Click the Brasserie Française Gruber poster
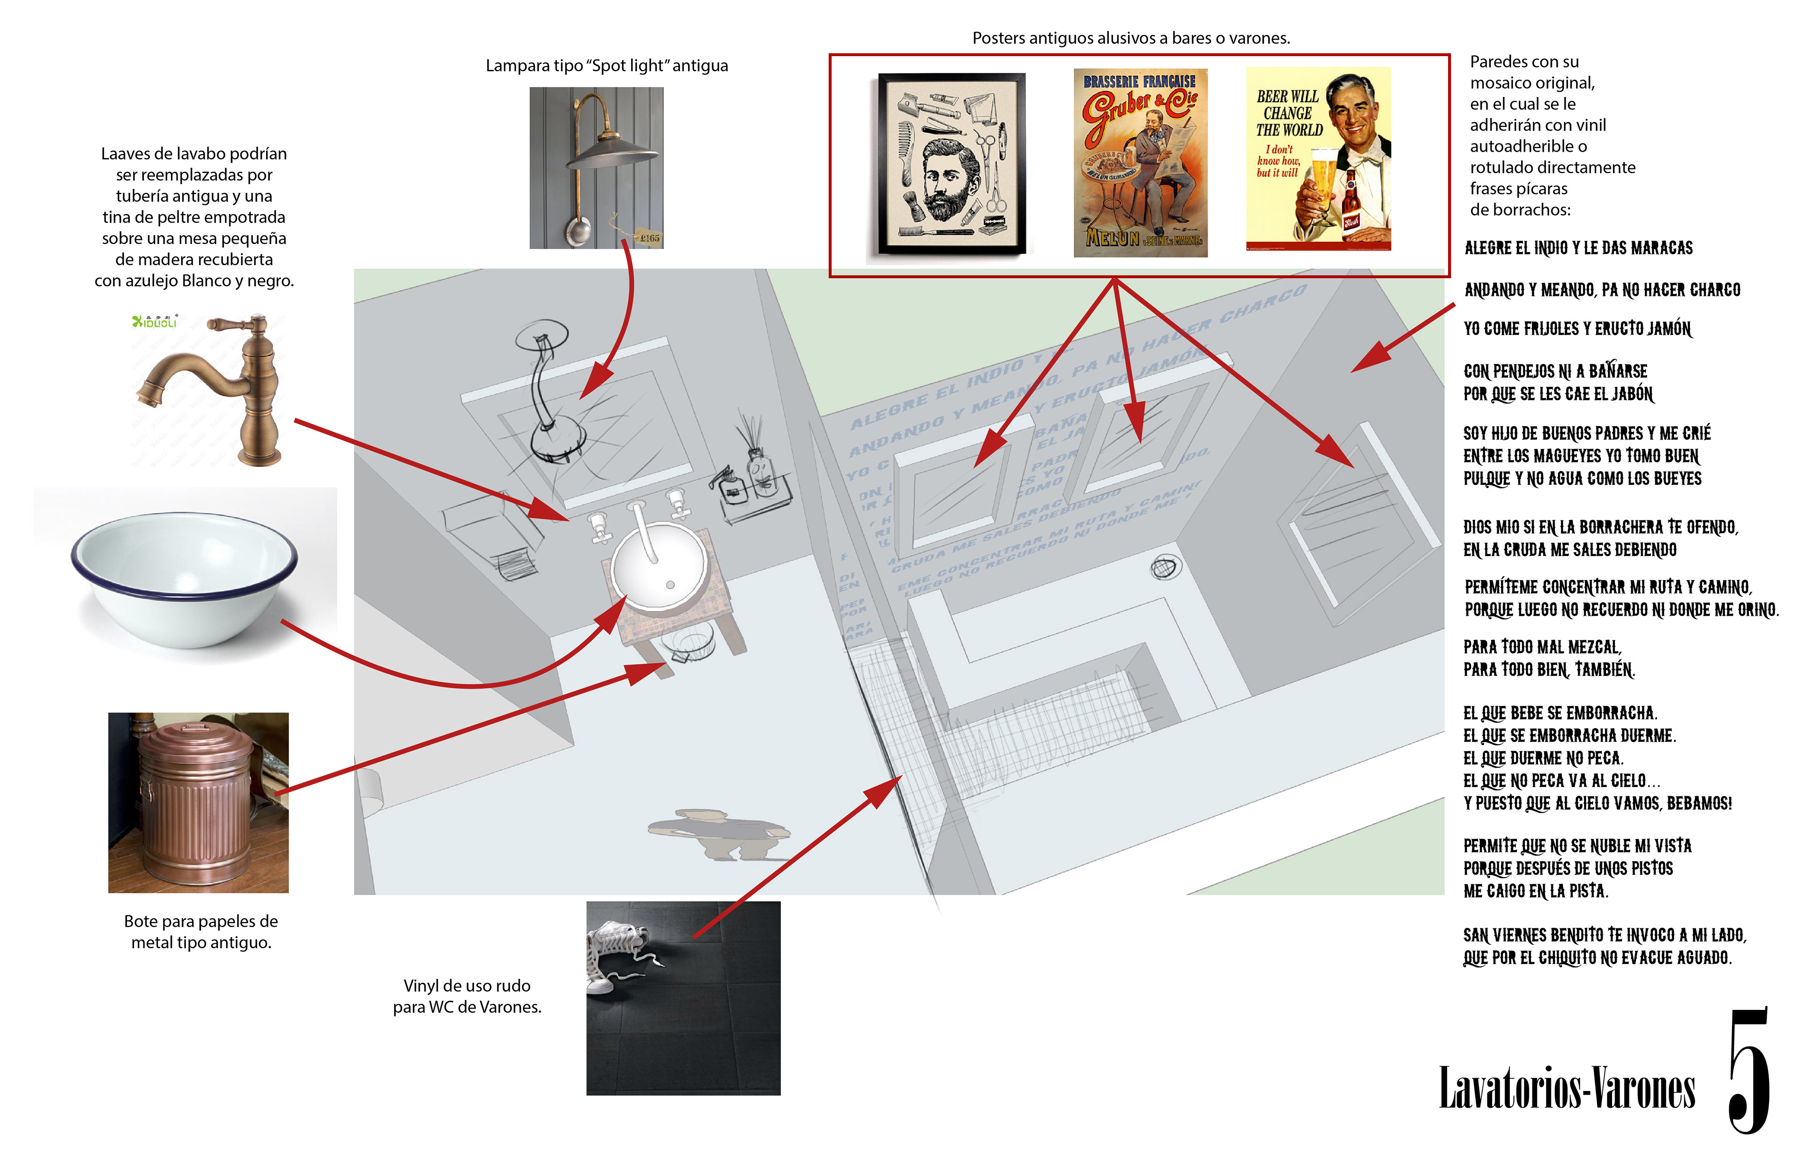(x=1140, y=163)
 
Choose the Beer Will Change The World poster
(x=1318, y=159)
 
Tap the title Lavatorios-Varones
(x=1566, y=1089)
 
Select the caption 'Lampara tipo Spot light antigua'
(x=606, y=66)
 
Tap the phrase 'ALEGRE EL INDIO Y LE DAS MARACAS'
(x=1578, y=248)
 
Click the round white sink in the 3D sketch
(x=659, y=567)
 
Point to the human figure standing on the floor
(x=718, y=834)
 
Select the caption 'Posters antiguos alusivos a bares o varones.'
(x=1131, y=38)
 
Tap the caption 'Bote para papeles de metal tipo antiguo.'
(x=201, y=931)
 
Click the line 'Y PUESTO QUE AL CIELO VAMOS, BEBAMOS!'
(x=1597, y=803)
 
